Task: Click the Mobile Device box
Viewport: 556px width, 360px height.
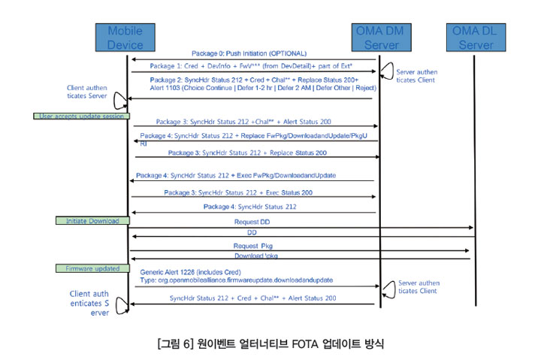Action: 125,38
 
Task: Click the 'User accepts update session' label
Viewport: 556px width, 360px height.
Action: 81,116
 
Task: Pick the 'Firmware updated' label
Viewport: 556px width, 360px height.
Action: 88,268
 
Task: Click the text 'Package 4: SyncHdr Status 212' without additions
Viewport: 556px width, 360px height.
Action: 250,207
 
